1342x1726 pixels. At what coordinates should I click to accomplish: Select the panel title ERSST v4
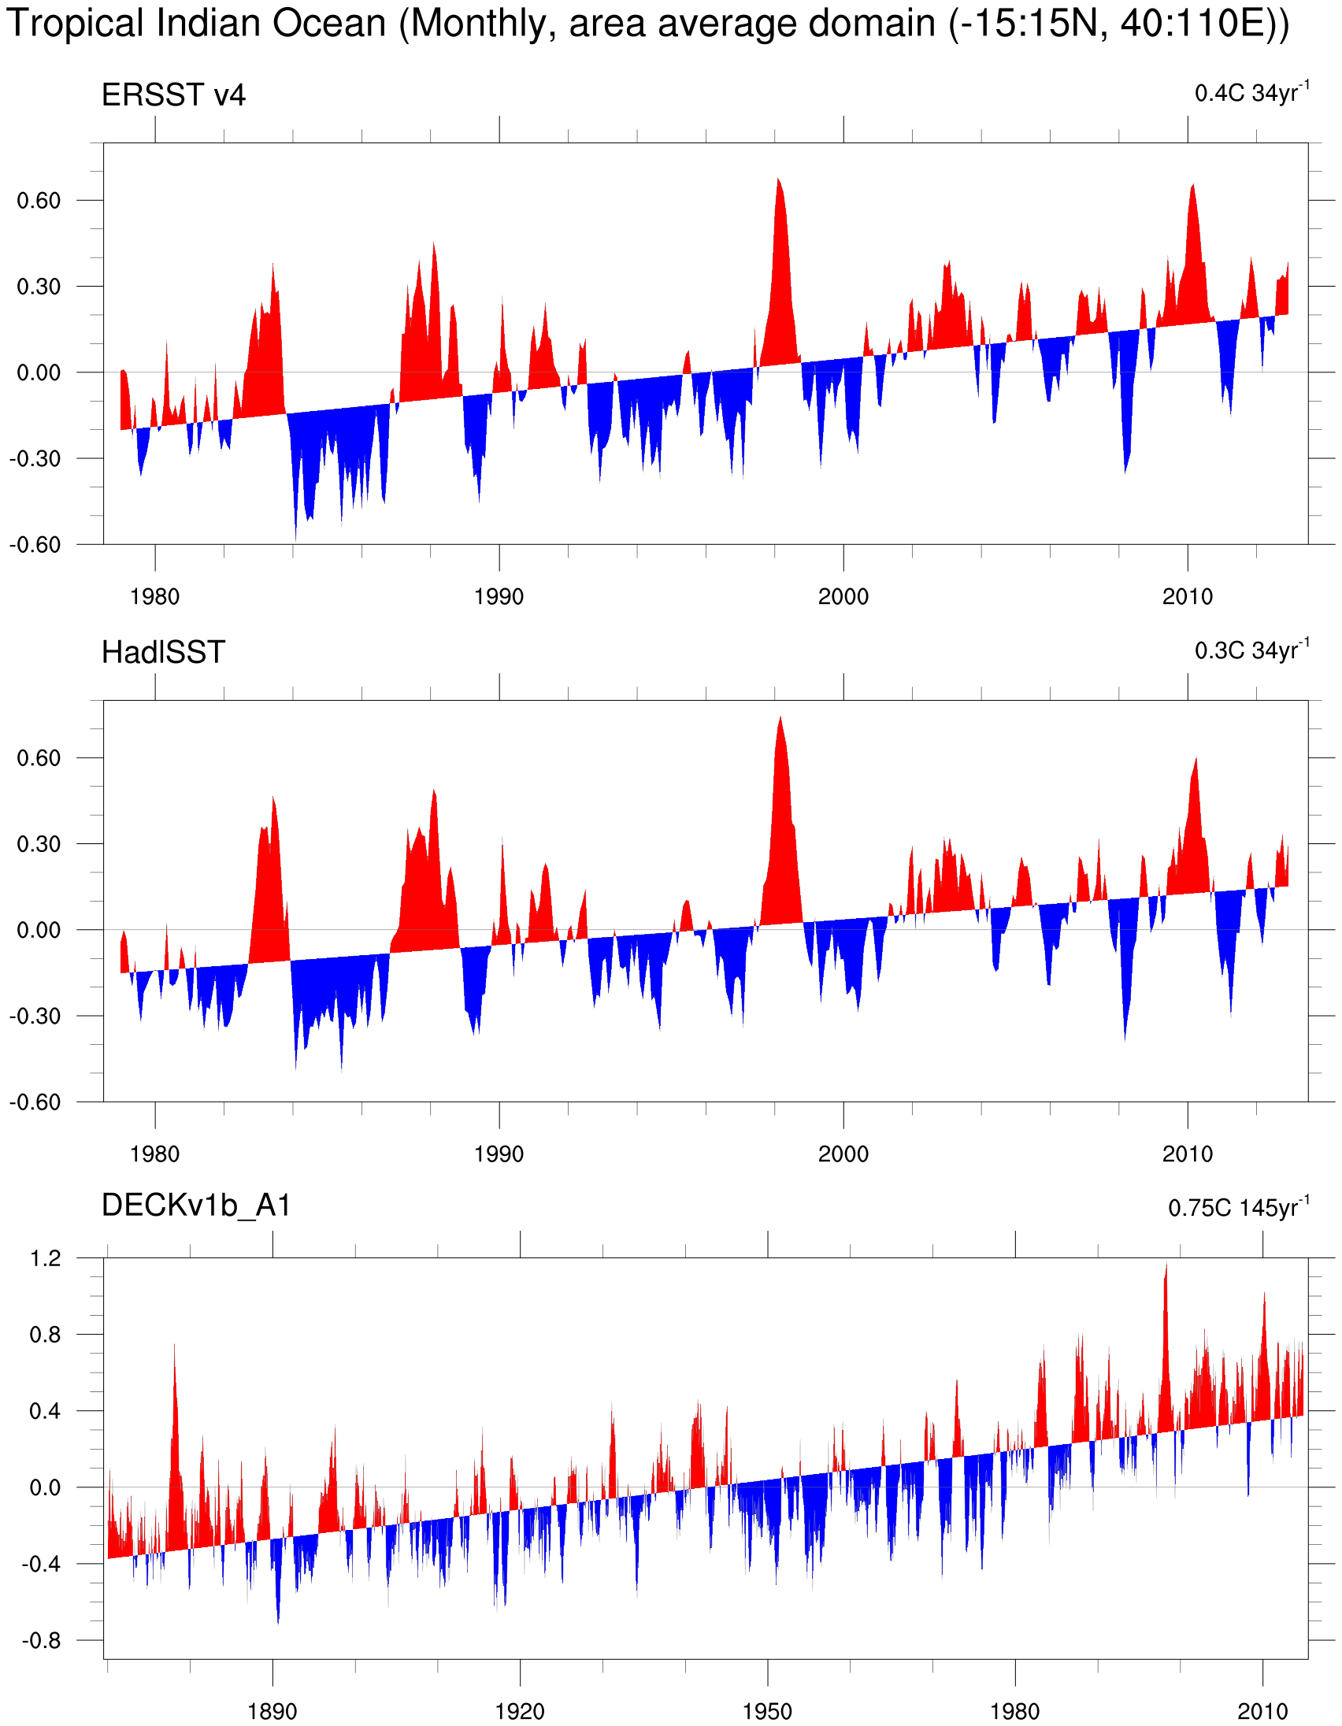tap(173, 95)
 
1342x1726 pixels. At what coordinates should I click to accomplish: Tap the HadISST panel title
tap(163, 653)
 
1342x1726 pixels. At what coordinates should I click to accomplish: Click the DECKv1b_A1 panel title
tap(196, 1206)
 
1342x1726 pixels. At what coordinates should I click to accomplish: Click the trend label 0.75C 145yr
tap(1238, 1208)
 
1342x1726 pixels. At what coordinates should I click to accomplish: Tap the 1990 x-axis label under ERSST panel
tap(499, 597)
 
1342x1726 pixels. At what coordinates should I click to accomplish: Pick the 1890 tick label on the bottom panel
tap(272, 1711)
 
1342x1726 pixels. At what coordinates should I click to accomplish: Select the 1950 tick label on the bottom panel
tap(766, 1711)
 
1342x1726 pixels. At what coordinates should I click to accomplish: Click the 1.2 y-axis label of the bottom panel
tap(45, 1258)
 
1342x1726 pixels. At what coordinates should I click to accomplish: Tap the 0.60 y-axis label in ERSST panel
tap(39, 201)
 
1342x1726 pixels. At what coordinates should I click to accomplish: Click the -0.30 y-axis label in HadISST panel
tap(35, 1016)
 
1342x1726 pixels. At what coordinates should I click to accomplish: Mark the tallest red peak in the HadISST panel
tap(780, 719)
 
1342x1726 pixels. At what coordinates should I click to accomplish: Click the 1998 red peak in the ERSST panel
tap(778, 181)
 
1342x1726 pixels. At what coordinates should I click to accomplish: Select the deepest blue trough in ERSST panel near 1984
tap(295, 537)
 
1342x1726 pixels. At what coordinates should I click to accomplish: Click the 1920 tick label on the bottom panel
tap(519, 1711)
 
